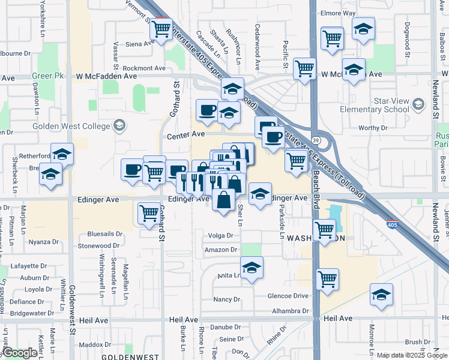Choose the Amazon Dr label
tap(221, 250)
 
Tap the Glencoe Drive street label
tap(288, 296)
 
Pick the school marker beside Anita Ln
tap(252, 267)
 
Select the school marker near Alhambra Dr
tap(381, 294)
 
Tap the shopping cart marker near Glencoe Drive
tap(327, 278)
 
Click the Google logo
tap(20, 353)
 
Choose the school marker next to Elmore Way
tap(363, 29)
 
